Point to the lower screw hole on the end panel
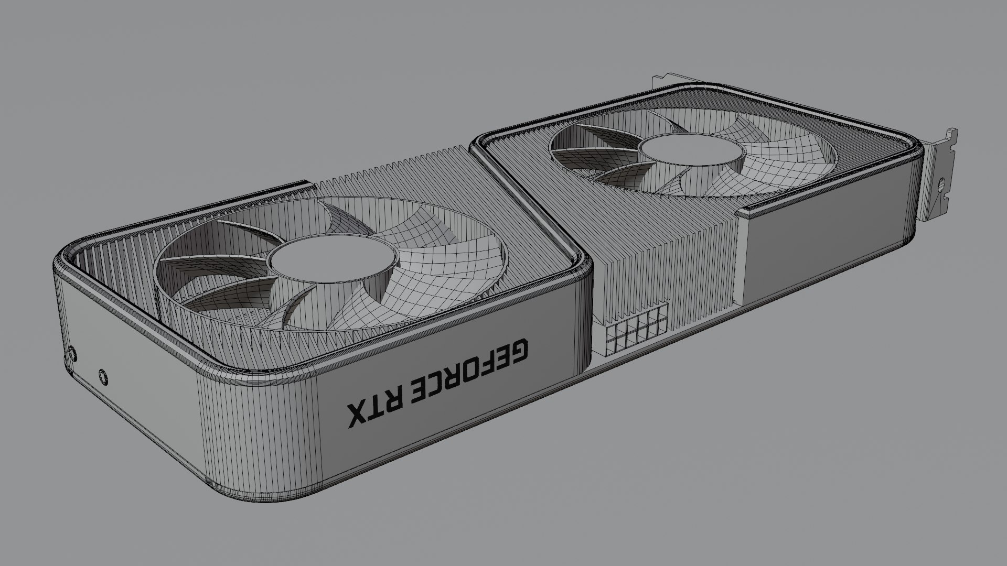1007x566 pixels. [103, 376]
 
